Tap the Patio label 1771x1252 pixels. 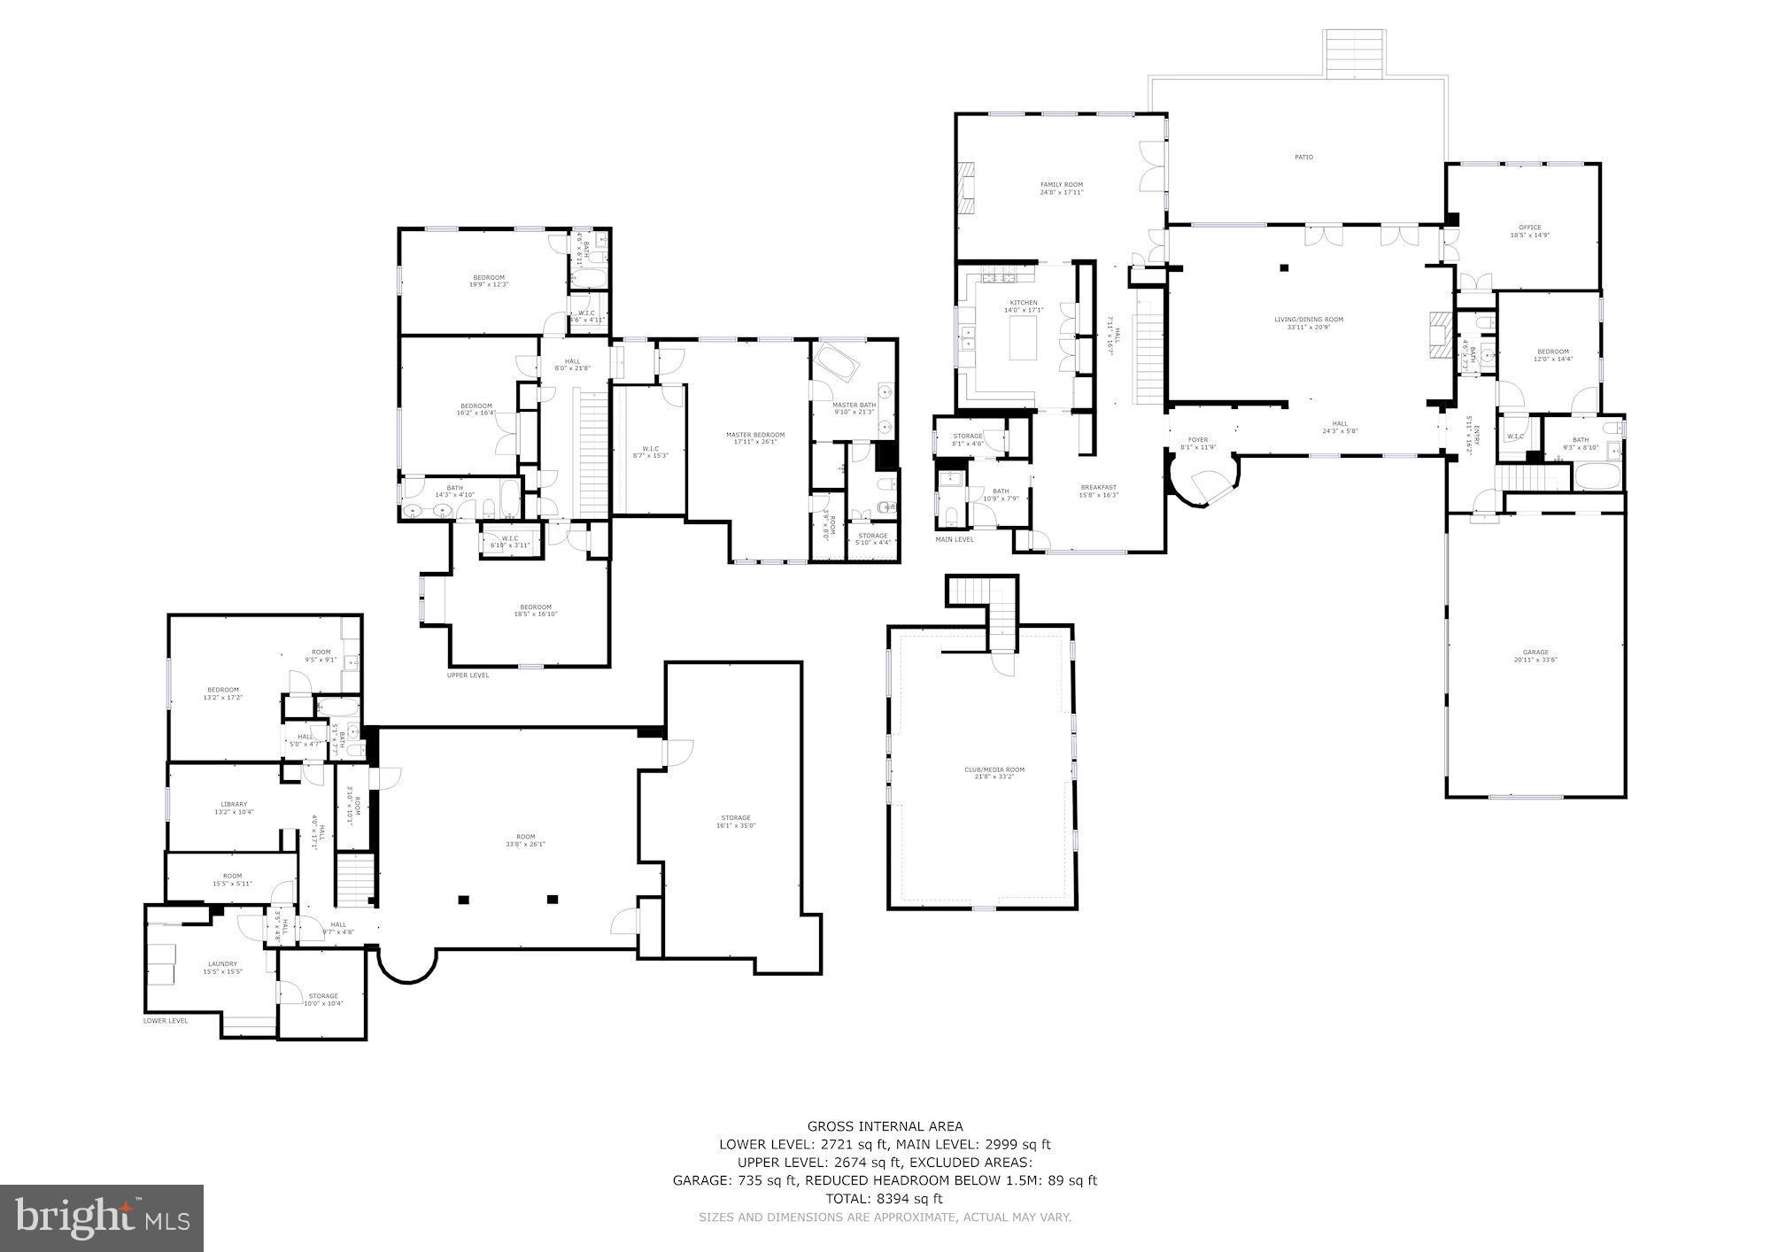1303,157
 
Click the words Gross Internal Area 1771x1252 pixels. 885,1126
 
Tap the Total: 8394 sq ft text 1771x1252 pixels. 885,1199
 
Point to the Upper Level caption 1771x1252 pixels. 468,675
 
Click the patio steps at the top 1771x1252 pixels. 1354,53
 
